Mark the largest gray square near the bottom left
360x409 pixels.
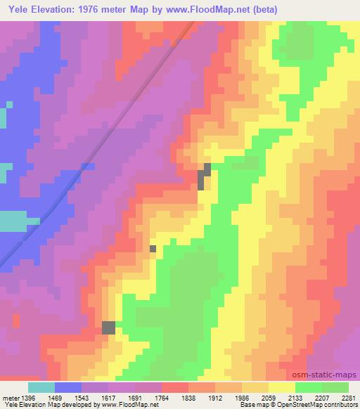point(109,327)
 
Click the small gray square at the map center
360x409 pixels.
point(153,248)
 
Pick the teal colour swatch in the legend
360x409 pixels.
point(41,387)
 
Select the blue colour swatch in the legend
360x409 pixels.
point(67,387)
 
